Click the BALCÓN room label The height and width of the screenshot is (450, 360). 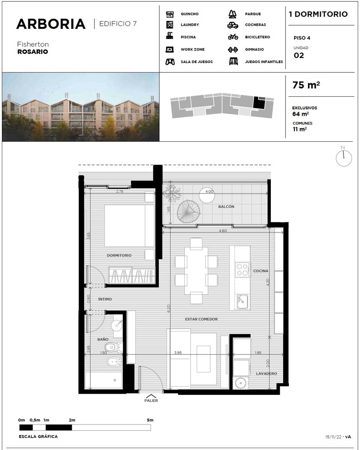pyautogui.click(x=226, y=206)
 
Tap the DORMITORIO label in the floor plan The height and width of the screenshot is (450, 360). pyautogui.click(x=119, y=255)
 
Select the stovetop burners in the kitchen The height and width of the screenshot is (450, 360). pyautogui.click(x=242, y=270)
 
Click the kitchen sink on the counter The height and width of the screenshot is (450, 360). pyautogui.click(x=242, y=301)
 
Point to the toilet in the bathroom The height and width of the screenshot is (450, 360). pyautogui.click(x=114, y=347)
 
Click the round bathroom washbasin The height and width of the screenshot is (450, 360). pyautogui.click(x=117, y=325)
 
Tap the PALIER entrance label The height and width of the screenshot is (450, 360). pyautogui.click(x=151, y=400)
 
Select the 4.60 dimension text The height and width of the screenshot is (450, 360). pyautogui.click(x=223, y=231)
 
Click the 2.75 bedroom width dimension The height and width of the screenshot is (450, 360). pyautogui.click(x=120, y=191)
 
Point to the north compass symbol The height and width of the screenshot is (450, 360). pyautogui.click(x=344, y=157)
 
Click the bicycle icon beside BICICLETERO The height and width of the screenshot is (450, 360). pyautogui.click(x=233, y=37)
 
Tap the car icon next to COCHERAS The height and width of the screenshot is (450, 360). pyautogui.click(x=233, y=25)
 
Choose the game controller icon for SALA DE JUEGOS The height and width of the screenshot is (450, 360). pyautogui.click(x=170, y=61)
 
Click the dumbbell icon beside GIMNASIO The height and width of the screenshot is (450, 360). pyautogui.click(x=233, y=49)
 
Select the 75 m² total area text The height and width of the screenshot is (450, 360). pyautogui.click(x=306, y=85)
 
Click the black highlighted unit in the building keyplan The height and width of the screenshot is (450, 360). pyautogui.click(x=259, y=103)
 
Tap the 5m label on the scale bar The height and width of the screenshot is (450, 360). pyautogui.click(x=150, y=420)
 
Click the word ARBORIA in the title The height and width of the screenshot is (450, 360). pyautogui.click(x=51, y=24)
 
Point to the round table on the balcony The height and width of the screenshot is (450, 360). pyautogui.click(x=207, y=195)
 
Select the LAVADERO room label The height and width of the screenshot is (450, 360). pyautogui.click(x=266, y=373)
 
